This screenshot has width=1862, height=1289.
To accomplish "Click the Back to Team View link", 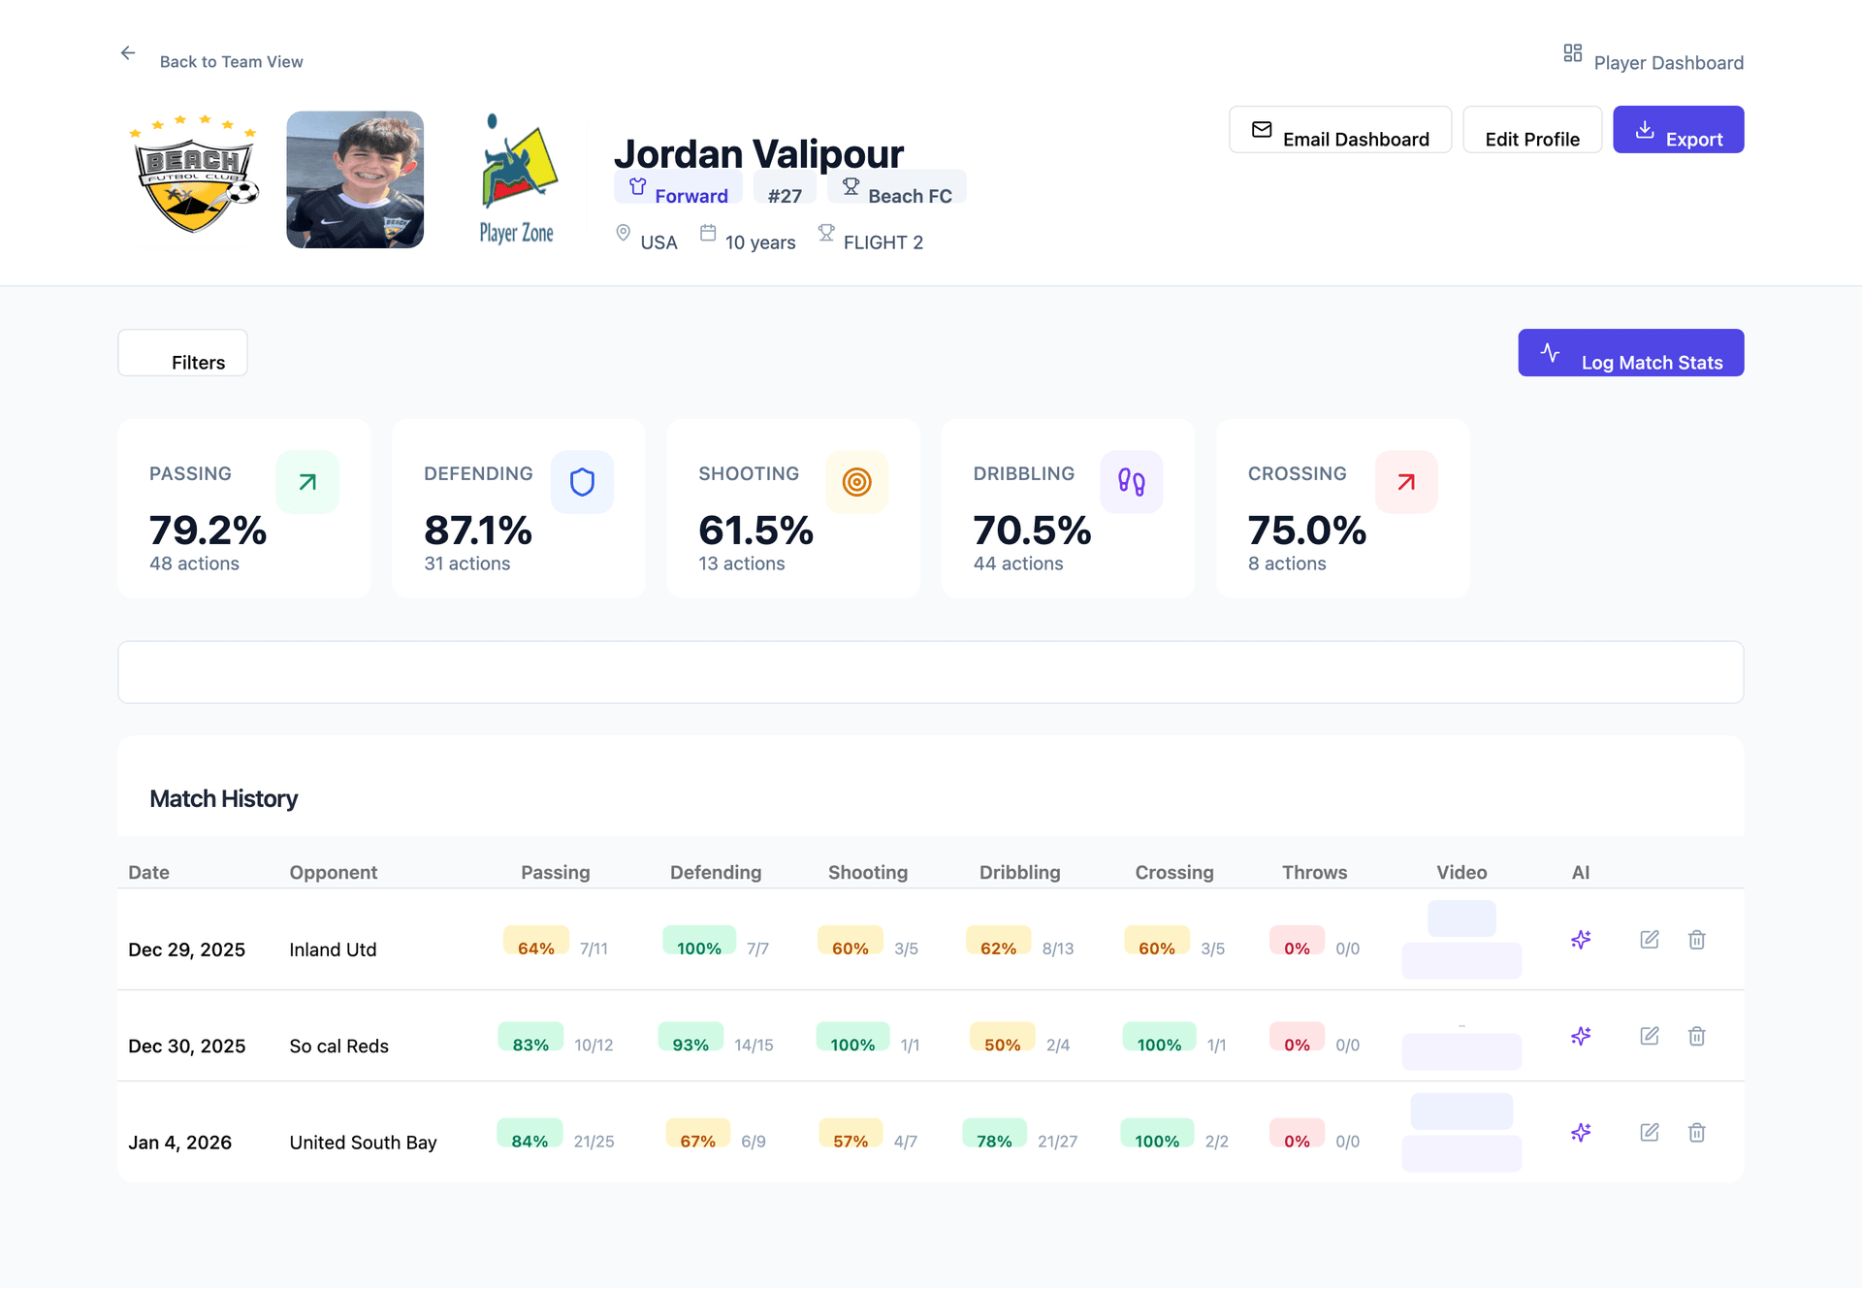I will coord(230,62).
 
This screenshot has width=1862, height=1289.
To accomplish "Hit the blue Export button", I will coord(1678,131).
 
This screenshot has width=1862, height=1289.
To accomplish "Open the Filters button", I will coord(182,354).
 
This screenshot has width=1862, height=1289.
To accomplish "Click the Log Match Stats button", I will coord(1630,354).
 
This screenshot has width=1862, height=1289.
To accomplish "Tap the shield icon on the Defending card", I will coord(582,482).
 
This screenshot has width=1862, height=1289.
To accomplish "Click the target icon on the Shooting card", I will coord(856,482).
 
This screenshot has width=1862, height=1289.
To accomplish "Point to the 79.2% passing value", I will coord(208,530).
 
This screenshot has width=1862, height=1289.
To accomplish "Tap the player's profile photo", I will coord(355,180).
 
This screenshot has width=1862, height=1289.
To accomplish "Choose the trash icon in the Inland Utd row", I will coord(1696,940).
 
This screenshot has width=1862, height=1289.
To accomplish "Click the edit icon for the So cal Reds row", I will coord(1649,1036).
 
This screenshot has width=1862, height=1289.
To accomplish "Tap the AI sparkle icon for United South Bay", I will coord(1581,1132).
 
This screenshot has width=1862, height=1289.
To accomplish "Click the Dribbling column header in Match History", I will coord(1019,872).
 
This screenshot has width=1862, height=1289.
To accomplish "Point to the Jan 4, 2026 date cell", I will coord(180,1143).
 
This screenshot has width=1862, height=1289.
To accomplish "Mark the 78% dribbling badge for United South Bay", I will coord(994,1137).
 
